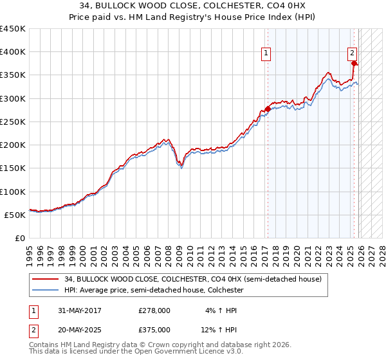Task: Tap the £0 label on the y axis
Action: point(21,239)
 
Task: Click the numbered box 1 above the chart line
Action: point(266,54)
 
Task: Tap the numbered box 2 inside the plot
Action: point(353,54)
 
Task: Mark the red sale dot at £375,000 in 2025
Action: point(354,64)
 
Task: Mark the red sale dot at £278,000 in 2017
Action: point(268,109)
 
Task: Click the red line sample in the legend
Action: point(46,279)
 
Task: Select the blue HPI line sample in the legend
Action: point(46,290)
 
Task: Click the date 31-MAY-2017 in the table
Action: point(79,310)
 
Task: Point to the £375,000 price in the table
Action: point(154,329)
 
